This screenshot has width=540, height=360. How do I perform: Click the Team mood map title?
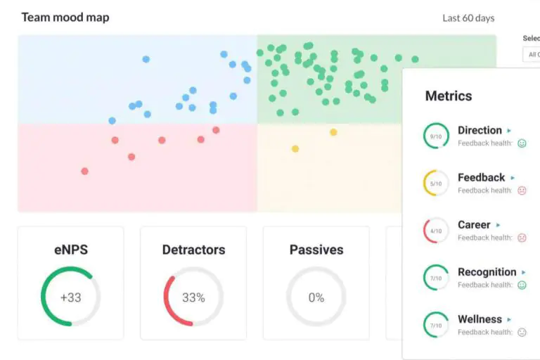coord(65,18)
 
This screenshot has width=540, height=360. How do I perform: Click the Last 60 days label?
coord(468,18)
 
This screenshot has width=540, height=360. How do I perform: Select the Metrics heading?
coord(449,96)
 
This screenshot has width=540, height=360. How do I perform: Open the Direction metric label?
coord(480,130)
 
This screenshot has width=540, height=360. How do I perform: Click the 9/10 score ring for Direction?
coord(436,136)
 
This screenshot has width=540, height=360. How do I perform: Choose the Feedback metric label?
coord(481,178)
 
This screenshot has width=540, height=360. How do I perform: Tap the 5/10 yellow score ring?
coord(436,184)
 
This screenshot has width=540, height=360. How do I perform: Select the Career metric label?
coord(474,225)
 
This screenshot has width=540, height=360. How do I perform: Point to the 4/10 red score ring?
coord(436,231)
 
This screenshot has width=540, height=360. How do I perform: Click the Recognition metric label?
coord(487,272)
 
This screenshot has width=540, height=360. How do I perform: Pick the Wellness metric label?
coord(480,319)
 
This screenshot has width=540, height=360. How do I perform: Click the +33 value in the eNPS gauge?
coord(70,297)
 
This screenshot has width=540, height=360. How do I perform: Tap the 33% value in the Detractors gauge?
coord(193,297)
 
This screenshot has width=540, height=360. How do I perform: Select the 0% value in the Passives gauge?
coord(316,297)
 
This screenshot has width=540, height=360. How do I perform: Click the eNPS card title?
coord(70,250)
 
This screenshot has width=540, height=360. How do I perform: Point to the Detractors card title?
coord(193,250)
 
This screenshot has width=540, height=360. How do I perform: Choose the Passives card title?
coord(316,250)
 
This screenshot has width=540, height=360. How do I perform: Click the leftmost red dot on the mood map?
coord(85,171)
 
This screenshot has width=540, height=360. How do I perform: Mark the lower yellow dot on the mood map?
coord(295,148)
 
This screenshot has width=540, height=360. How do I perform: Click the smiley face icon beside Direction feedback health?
coord(522,143)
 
